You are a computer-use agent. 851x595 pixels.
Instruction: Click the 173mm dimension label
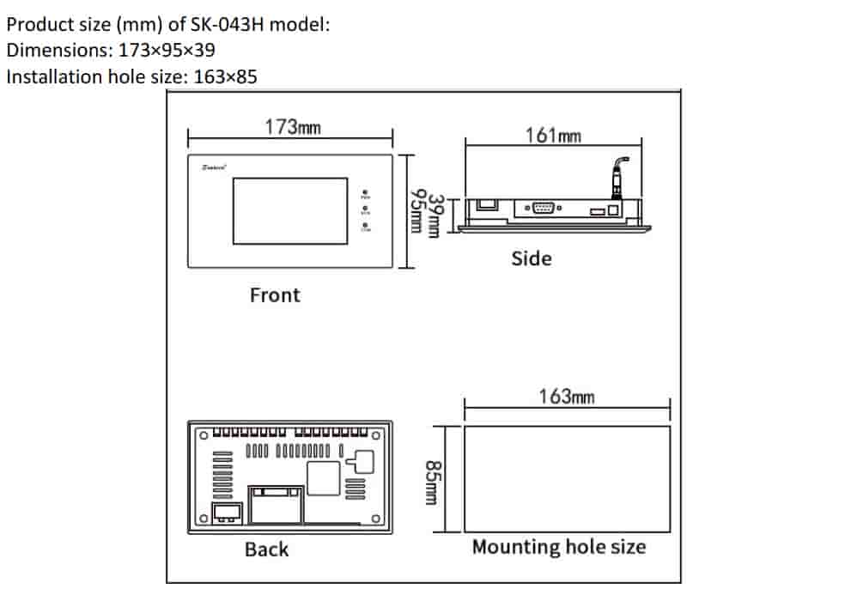292,127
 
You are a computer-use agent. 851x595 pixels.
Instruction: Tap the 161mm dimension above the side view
553,135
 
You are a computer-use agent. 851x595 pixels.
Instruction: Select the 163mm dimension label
567,397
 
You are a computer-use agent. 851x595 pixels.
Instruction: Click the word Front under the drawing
275,295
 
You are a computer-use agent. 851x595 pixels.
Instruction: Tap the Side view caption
532,258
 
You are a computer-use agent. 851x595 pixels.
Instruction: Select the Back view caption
266,549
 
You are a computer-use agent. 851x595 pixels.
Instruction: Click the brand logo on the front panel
213,167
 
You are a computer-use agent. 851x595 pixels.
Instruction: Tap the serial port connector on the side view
543,207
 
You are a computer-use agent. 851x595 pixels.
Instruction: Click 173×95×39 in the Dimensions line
167,51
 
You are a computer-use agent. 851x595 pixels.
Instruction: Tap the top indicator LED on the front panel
366,192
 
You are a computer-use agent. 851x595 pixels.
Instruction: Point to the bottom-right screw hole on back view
376,518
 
